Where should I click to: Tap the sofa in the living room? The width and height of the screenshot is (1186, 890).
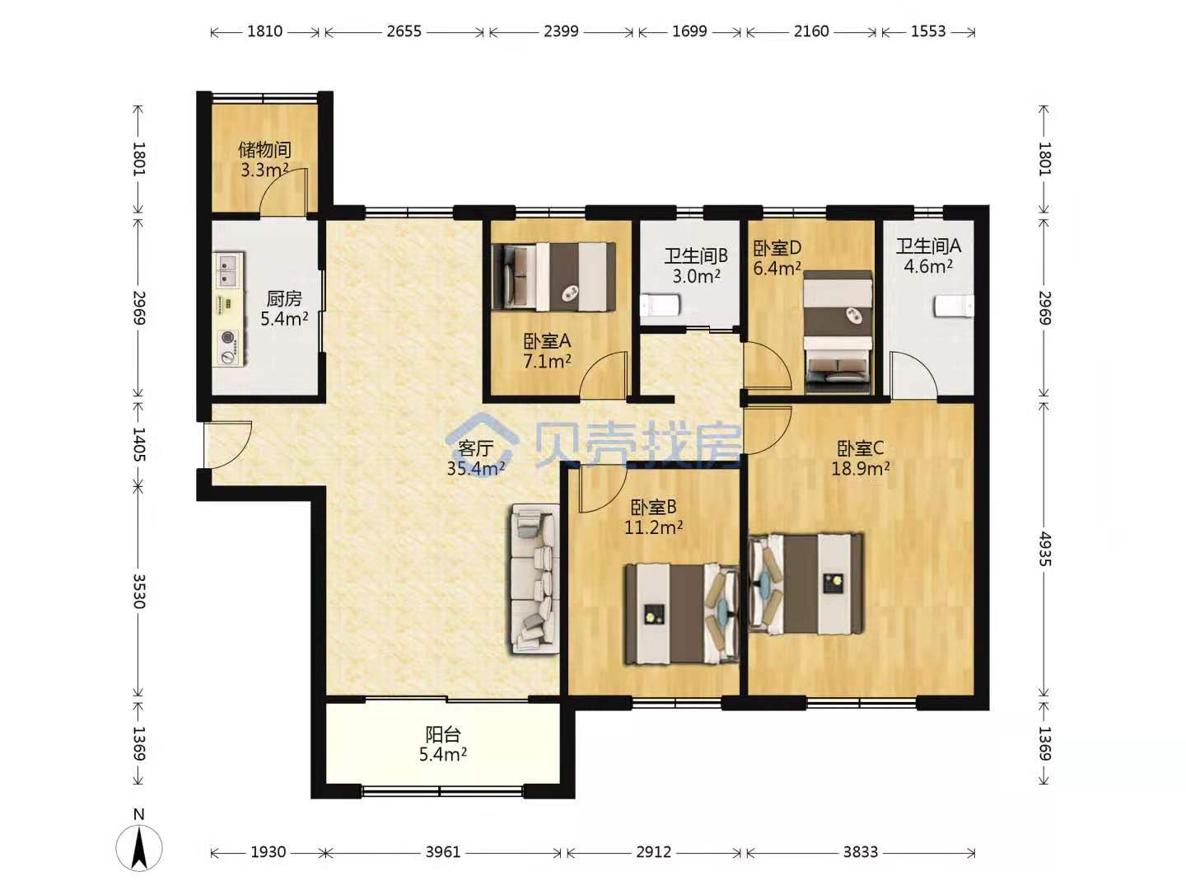(x=535, y=578)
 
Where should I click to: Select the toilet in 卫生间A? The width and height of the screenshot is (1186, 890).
(x=955, y=306)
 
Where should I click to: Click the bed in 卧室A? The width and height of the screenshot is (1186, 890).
(x=554, y=277)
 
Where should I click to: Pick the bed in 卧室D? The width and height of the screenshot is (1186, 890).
(x=838, y=332)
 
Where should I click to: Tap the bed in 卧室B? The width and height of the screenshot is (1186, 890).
(x=681, y=614)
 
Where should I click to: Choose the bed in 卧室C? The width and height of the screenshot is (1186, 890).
(x=805, y=583)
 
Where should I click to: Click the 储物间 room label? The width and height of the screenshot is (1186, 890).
(x=264, y=150)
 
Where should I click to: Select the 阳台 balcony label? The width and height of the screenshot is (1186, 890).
(x=443, y=734)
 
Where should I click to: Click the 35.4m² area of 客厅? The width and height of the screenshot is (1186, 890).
(x=476, y=469)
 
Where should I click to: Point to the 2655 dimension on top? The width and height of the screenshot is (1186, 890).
(x=404, y=30)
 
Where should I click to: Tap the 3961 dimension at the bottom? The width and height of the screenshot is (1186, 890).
(x=443, y=852)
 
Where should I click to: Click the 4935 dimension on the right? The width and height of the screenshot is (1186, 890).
(x=1044, y=549)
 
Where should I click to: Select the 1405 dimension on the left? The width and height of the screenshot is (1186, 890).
(x=139, y=444)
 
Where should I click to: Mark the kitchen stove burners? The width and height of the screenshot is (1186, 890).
(x=229, y=346)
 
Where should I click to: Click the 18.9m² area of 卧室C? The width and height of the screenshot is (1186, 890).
(x=860, y=468)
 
